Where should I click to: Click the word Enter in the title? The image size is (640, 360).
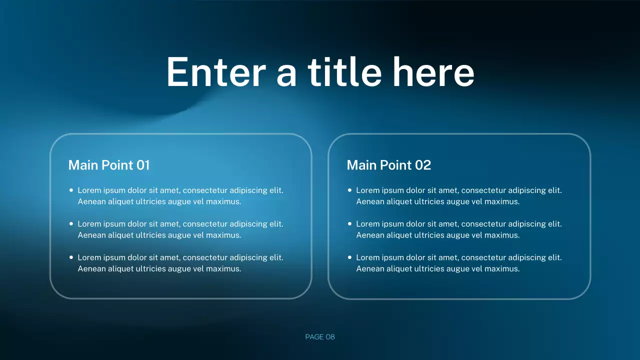coord(215,72)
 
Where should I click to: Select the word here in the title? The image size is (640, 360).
coord(432,72)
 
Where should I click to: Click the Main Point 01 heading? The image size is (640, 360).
coord(109,165)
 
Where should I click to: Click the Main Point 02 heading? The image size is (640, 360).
coord(388,165)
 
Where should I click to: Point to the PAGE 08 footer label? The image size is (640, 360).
coord(320,337)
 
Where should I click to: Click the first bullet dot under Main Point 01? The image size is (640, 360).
coord(71,190)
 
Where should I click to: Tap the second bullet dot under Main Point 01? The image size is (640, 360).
coord(71,224)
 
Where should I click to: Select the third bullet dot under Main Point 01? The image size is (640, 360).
coord(71,257)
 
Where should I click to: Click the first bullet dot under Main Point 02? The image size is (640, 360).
coord(350,190)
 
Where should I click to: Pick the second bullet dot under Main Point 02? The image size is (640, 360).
coord(350,224)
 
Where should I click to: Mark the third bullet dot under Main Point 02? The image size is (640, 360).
coord(350,257)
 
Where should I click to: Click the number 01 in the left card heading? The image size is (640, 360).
coord(143,165)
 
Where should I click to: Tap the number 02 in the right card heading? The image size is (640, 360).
coord(423,165)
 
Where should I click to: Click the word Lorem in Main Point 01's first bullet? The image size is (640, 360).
coord(89,190)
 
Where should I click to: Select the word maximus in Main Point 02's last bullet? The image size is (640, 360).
coord(502,269)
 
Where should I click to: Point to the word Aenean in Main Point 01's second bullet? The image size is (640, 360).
coord(91,235)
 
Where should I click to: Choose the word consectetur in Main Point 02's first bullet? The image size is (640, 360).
coord(484,190)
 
